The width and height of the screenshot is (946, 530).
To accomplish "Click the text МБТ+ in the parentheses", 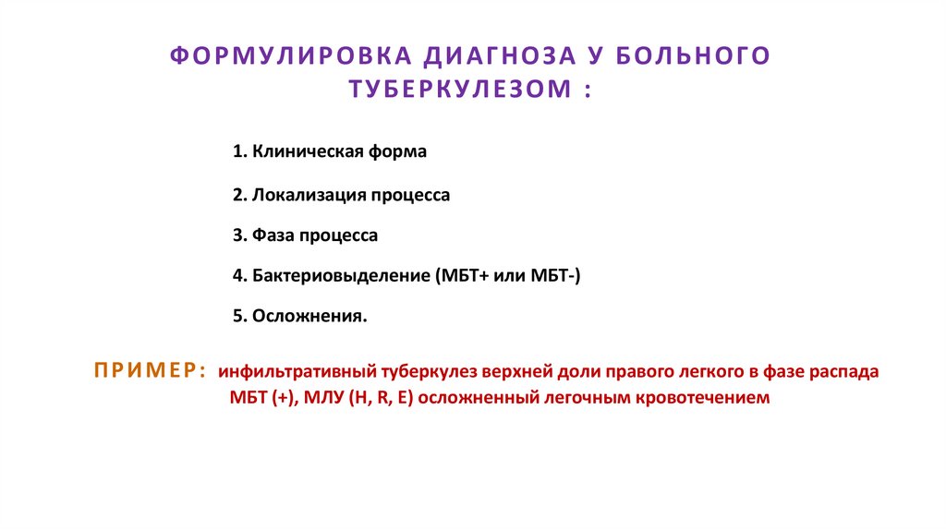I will point(458,276).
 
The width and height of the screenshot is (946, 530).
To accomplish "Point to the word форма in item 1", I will point(403,151).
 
